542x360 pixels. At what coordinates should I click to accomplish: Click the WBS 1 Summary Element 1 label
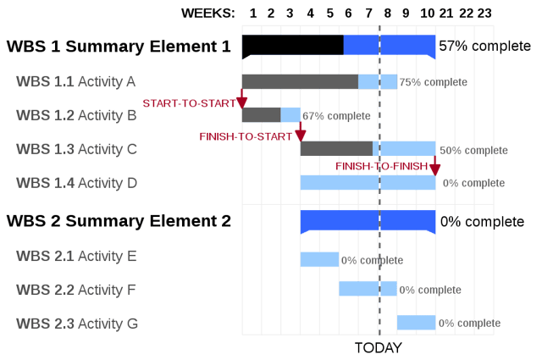pos(118,47)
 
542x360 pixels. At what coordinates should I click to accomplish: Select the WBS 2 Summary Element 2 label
pos(118,222)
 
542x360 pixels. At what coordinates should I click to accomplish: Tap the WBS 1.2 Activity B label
pos(76,115)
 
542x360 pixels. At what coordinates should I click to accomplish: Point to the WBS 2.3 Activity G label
pos(76,323)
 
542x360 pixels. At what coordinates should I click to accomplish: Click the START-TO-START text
pos(188,103)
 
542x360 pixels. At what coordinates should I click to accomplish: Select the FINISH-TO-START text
pos(246,136)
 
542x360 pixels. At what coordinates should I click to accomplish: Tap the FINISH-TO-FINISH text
pos(382,167)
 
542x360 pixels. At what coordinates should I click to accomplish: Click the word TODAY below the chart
pos(378,348)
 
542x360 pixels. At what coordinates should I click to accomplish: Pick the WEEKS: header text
pos(209,13)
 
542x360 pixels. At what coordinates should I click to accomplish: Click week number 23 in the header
pos(484,13)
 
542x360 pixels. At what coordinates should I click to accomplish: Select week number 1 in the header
pos(252,13)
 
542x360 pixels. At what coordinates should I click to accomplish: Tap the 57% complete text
pos(485,46)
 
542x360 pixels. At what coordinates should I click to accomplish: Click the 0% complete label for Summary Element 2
pos(482,222)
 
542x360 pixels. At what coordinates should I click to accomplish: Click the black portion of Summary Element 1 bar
pos(292,45)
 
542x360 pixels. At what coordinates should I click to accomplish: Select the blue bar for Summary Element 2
pos(368,221)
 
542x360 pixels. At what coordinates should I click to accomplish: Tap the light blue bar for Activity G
pos(416,323)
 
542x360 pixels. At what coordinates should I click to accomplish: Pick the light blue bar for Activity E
pos(319,259)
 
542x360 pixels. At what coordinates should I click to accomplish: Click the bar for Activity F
pos(368,289)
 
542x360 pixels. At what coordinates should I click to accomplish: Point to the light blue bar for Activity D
pos(368,182)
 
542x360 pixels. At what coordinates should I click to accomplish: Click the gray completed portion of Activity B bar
pos(261,114)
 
